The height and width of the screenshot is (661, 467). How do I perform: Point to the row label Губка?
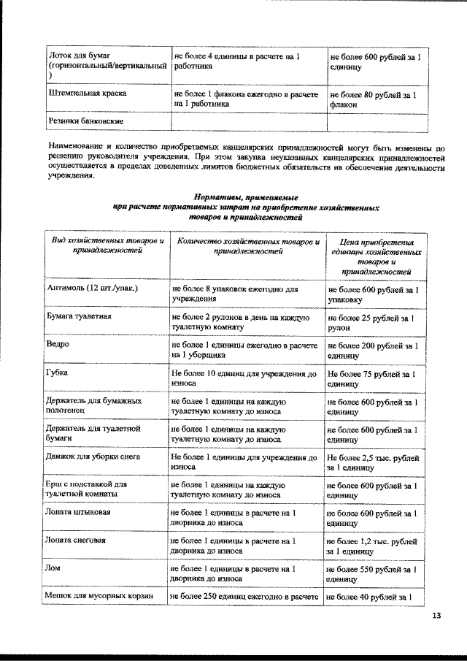click(58, 372)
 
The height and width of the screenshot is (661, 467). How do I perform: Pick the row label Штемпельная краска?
click(87, 94)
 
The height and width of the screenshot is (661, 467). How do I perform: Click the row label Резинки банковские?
click(85, 120)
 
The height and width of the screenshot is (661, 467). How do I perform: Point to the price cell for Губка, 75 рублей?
click(372, 378)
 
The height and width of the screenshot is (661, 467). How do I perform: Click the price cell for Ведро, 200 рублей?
click(373, 350)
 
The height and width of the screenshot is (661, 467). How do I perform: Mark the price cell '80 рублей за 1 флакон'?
click(373, 99)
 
